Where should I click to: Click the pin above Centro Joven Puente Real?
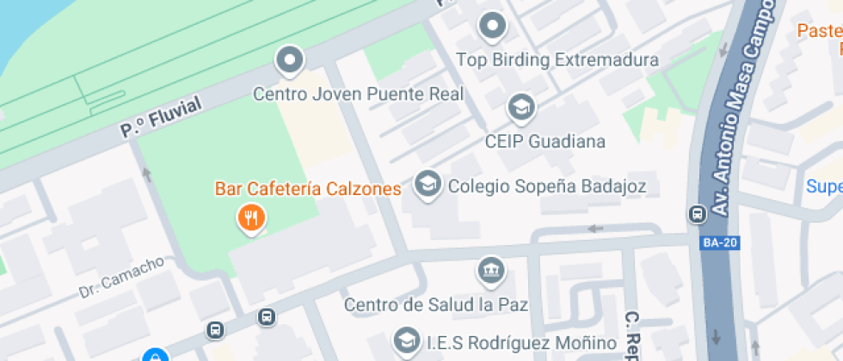290,61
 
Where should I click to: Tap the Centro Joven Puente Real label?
358,93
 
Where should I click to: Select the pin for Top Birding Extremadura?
492,26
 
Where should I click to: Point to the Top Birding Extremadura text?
557,60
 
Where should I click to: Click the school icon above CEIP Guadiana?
520,107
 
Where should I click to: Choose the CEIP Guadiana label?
545,141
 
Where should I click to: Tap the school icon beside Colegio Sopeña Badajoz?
428,183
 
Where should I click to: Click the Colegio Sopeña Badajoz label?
546,186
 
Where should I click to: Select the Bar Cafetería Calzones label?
308,188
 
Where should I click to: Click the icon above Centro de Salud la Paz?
490,271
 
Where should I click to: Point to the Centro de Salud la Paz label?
435,304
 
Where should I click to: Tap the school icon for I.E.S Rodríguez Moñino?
405,340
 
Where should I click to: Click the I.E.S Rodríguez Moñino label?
521,343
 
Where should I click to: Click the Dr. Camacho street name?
121,278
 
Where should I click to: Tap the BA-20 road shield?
720,242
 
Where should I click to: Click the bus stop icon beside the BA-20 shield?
695,213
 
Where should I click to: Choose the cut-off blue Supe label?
823,186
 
